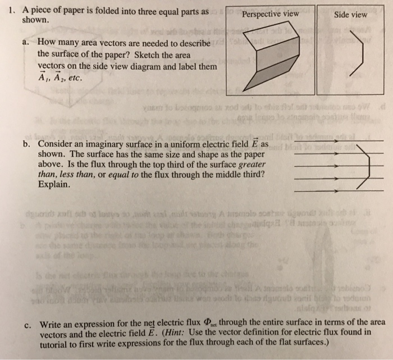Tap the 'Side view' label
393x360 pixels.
[x=350, y=14]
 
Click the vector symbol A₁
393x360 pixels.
[x=43, y=77]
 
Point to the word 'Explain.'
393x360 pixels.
[x=54, y=184]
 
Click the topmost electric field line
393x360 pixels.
[x=336, y=140]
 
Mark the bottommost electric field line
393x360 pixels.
[x=336, y=192]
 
